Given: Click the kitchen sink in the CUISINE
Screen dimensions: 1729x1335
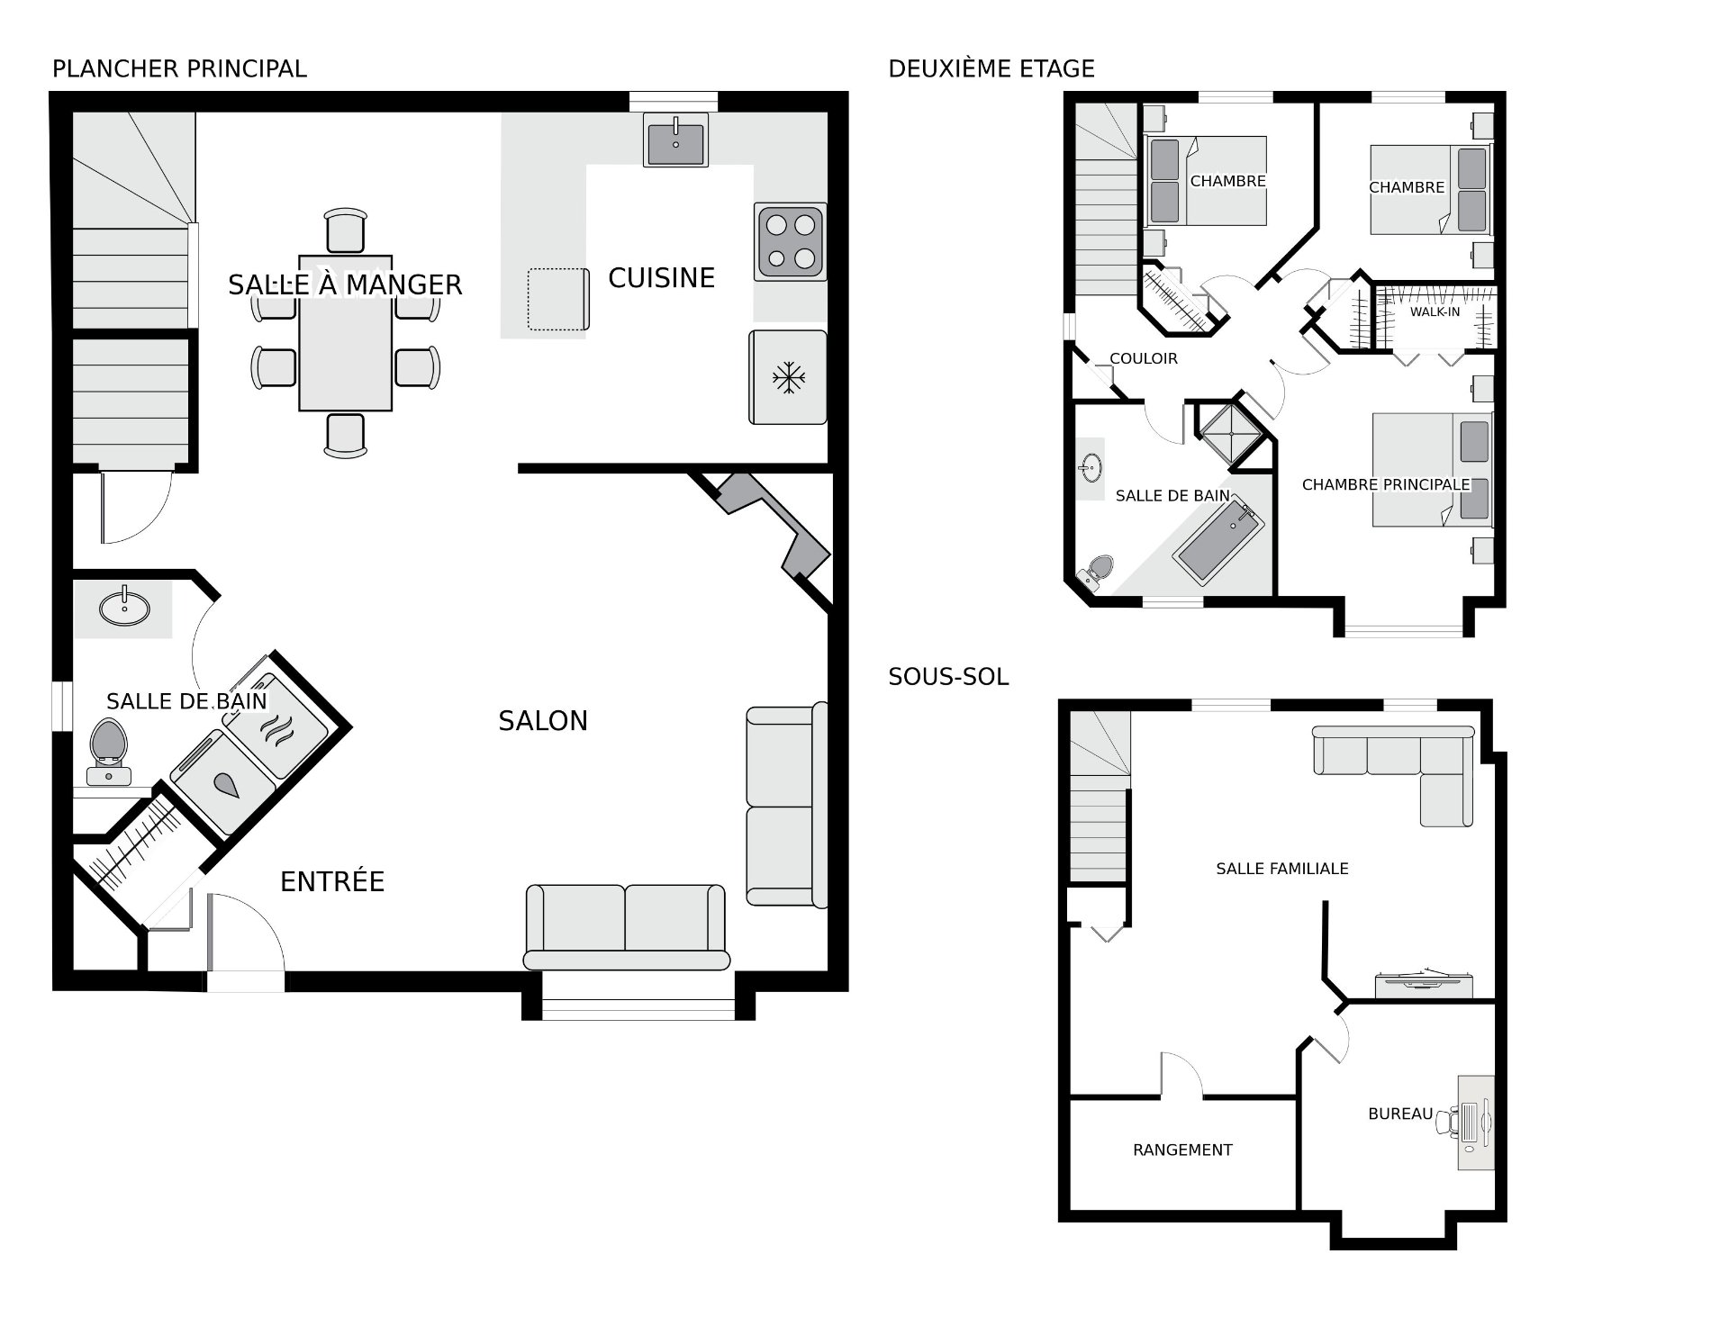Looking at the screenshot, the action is [x=675, y=140].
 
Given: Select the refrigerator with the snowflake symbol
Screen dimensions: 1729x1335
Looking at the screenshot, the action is [x=788, y=377].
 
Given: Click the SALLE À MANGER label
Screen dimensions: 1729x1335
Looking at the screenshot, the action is [x=345, y=285].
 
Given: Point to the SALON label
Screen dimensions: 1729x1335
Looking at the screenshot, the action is [x=543, y=721].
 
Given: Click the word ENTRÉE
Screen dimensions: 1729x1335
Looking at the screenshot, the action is [x=332, y=881].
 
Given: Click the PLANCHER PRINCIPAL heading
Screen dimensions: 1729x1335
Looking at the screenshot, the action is [x=179, y=68].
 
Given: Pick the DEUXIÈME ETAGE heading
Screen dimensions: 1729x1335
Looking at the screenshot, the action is [x=991, y=68].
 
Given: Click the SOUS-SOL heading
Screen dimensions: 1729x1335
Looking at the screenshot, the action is [x=948, y=677].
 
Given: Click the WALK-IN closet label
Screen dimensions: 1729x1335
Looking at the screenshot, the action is [x=1435, y=312].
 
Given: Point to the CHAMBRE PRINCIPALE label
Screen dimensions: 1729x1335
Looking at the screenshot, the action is [x=1386, y=485].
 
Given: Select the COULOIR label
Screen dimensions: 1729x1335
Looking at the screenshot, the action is [x=1144, y=358].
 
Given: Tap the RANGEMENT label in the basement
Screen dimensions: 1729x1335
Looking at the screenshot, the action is [x=1182, y=1150].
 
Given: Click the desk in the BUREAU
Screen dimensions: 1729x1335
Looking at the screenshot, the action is [x=1476, y=1123].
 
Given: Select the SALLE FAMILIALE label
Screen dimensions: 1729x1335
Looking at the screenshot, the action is [x=1282, y=869].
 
